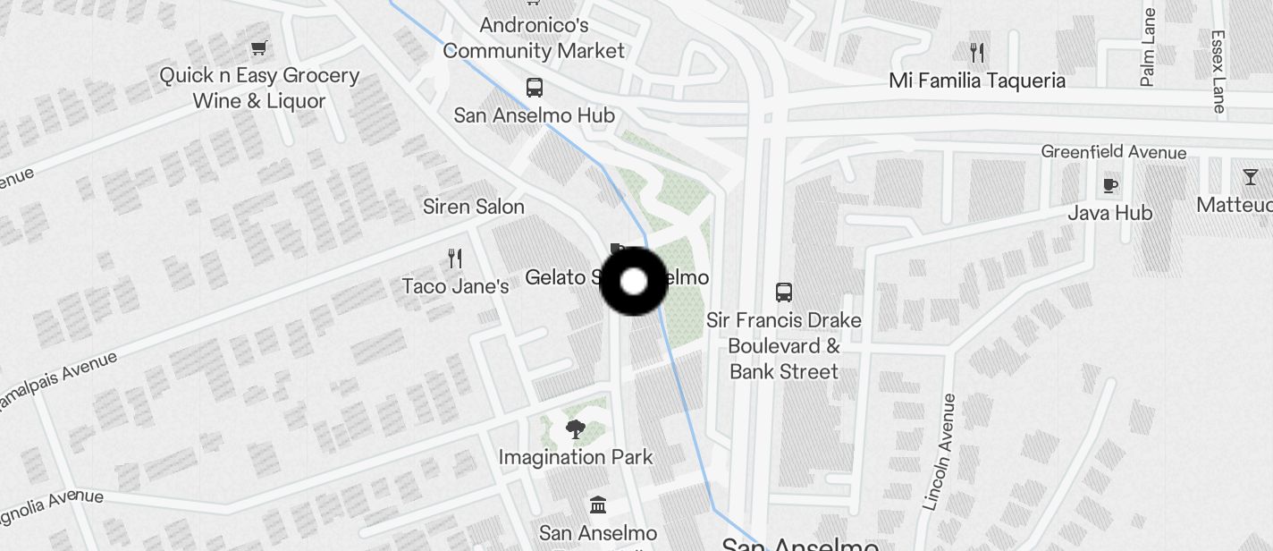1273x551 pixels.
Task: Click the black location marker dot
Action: point(633,282)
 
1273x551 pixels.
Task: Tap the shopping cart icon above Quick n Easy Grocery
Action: point(259,48)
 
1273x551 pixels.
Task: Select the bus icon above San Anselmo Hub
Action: point(535,88)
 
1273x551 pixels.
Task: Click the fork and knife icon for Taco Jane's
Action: point(455,259)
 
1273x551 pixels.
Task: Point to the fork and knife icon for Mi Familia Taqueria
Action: point(977,53)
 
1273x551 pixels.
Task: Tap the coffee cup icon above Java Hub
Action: point(1109,185)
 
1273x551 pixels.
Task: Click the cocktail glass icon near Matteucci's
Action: point(1250,177)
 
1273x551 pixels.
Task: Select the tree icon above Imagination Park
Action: point(576,429)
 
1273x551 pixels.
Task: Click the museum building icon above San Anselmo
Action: point(598,505)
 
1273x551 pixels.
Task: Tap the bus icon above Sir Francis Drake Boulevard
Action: point(784,292)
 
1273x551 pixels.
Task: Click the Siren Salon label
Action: point(474,207)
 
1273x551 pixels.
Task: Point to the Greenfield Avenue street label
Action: point(1114,152)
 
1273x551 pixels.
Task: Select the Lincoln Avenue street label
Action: point(940,452)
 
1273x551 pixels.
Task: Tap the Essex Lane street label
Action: point(1218,72)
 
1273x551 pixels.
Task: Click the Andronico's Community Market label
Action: point(534,38)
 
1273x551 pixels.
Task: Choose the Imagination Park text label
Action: point(576,457)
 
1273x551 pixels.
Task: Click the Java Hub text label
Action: point(1110,213)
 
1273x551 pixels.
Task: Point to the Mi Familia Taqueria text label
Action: point(977,81)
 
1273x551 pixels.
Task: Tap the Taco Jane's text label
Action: point(455,286)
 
